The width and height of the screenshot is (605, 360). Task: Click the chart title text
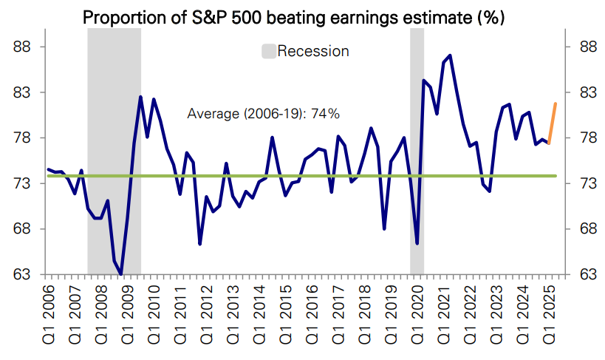pos(293,16)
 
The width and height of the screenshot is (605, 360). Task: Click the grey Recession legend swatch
pos(268,51)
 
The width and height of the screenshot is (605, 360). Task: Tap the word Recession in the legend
pos(313,51)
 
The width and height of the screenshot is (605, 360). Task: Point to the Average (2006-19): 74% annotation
pos(263,114)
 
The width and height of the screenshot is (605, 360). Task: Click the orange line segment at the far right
pos(553,122)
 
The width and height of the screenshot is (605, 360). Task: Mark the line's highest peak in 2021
pos(450,55)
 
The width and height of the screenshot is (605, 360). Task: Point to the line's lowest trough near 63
pos(121,274)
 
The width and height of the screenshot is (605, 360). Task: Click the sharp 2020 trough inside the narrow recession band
pos(417,242)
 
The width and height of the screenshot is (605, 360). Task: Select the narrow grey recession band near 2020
pos(417,148)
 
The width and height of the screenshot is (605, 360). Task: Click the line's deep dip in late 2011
pos(200,243)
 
